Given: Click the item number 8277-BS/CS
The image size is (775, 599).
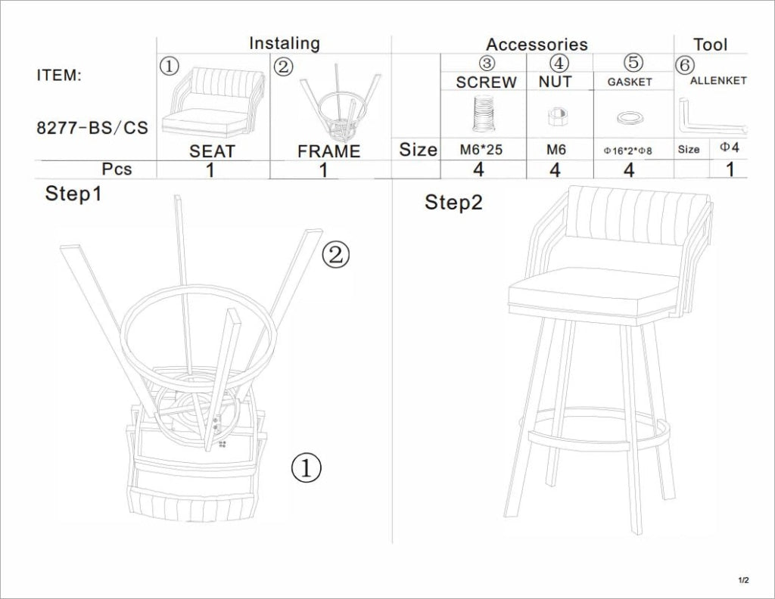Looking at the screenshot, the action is [92, 128].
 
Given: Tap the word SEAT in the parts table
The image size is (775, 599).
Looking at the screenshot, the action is [212, 151].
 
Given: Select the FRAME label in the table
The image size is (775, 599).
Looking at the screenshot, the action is [328, 151].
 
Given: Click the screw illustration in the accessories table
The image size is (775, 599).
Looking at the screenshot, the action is [484, 114].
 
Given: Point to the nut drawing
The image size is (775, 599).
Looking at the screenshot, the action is [556, 116].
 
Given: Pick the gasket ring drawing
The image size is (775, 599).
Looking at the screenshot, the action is [630, 117].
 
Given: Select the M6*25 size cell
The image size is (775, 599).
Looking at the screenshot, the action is [481, 149].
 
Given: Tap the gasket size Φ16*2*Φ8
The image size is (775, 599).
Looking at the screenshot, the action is [627, 151].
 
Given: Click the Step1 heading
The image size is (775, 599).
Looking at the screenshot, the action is [73, 193].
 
